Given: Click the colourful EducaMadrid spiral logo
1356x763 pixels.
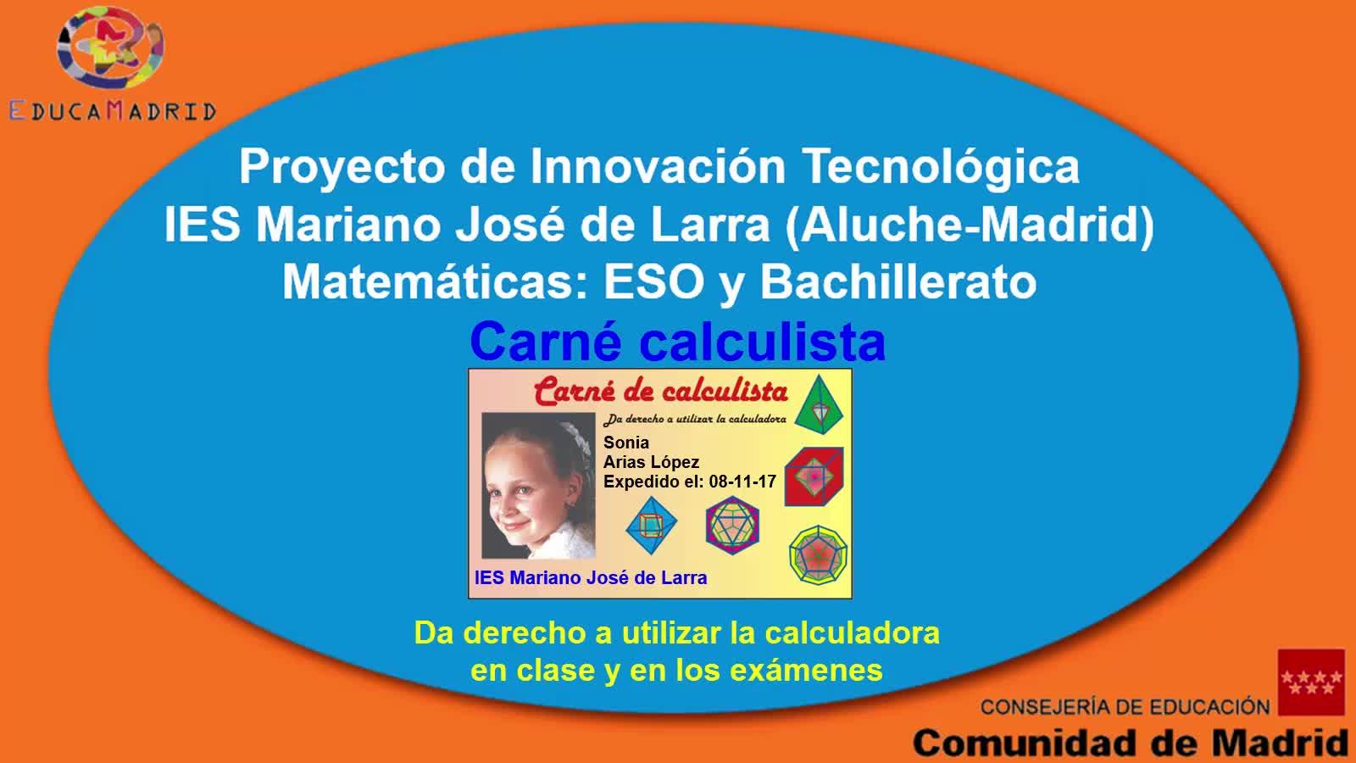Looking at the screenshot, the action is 110,47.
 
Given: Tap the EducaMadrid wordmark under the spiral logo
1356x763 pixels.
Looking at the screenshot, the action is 113,111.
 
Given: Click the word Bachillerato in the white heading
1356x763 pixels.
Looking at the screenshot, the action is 898,281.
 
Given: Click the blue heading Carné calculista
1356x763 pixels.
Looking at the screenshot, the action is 677,342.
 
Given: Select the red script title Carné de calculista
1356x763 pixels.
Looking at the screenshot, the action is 660,391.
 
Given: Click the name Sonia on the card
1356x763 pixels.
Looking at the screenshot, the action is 626,443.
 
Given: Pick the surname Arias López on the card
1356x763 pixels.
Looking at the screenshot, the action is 651,462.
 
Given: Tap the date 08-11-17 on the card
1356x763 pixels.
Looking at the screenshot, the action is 742,482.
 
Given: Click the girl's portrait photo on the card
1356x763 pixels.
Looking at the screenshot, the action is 538,486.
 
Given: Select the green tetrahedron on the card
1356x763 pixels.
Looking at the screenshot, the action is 819,404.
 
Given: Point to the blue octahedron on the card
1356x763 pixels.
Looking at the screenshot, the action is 652,526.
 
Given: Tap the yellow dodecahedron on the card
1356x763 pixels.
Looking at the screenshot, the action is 819,555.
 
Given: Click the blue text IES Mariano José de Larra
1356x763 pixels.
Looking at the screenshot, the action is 591,577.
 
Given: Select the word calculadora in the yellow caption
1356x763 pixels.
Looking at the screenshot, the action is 853,633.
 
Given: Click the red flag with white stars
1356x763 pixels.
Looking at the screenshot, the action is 1311,682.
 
